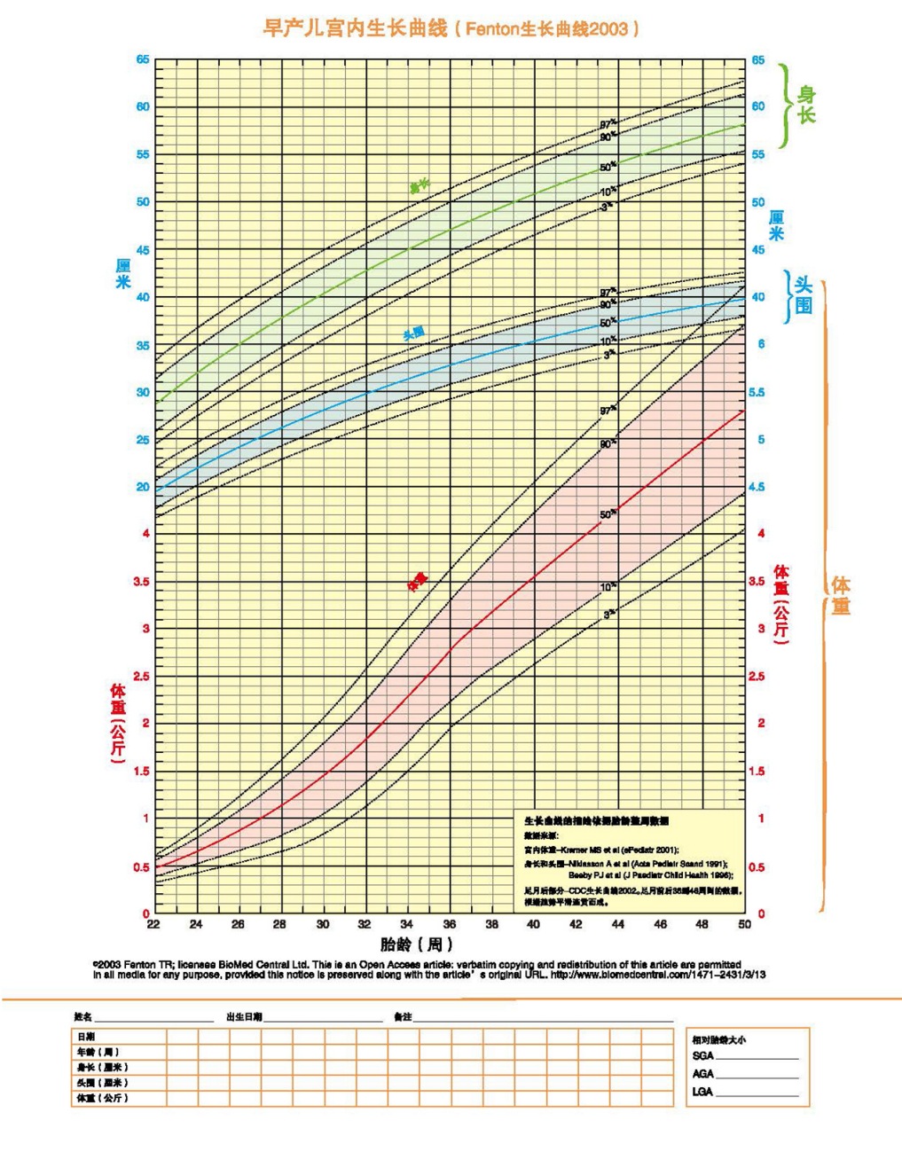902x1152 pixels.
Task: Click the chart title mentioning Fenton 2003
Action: click(x=451, y=28)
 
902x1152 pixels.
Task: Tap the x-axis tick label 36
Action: click(x=450, y=924)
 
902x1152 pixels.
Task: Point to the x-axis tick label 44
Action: click(x=618, y=924)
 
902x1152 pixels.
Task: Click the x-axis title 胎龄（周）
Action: click(x=417, y=944)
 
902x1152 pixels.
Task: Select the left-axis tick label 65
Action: click(x=142, y=59)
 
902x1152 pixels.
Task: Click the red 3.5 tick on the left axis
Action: click(x=140, y=582)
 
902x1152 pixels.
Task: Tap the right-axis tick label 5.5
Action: click(x=757, y=392)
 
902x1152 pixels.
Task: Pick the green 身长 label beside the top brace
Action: click(x=806, y=105)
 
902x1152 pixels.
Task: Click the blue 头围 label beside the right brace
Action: click(x=804, y=295)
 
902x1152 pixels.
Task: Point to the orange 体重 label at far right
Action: click(x=841, y=595)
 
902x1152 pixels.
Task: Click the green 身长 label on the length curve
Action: click(x=419, y=186)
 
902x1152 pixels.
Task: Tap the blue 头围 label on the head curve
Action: click(x=413, y=333)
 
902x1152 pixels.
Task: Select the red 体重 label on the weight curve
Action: click(x=417, y=581)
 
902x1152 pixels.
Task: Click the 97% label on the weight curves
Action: click(x=608, y=411)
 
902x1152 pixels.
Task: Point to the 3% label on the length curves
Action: click(x=607, y=207)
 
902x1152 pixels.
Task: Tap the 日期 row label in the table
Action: click(x=86, y=1036)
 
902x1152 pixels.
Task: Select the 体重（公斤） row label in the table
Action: click(x=102, y=1098)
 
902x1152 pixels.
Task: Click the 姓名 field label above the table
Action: click(x=82, y=1016)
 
